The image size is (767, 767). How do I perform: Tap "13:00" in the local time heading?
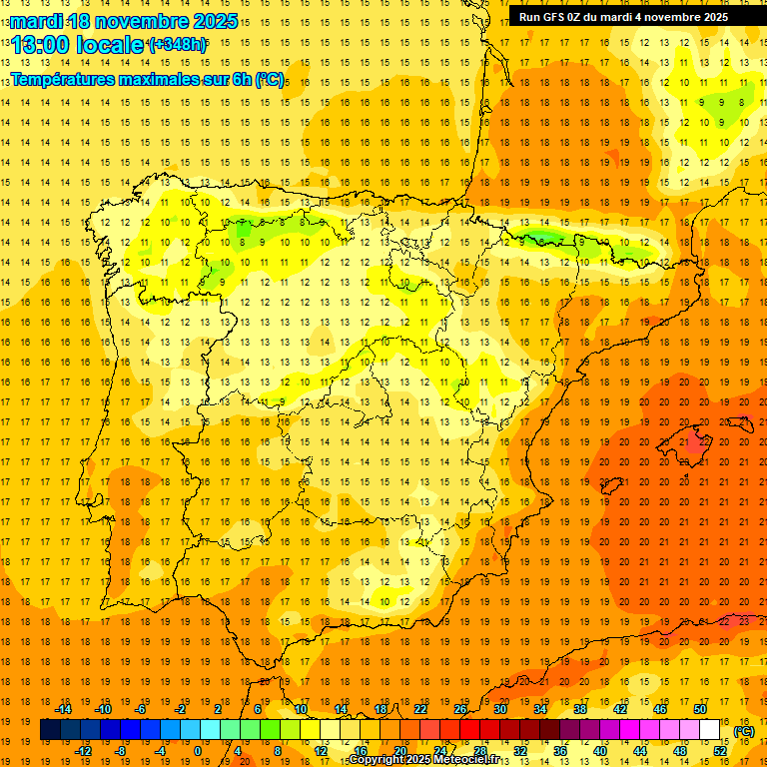click(42, 45)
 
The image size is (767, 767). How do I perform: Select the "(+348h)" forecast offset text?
click(176, 45)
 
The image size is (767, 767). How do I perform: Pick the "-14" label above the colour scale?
click(63, 709)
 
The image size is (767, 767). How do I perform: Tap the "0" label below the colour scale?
click(198, 751)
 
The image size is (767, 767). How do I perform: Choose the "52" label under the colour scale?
click(719, 751)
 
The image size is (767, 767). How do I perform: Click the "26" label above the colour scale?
click(460, 709)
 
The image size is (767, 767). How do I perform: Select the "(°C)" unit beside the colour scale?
click(744, 731)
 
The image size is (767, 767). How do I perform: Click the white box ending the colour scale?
click(709, 730)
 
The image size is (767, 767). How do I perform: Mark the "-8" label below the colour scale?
click(120, 751)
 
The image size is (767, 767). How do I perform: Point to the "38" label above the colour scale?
click(579, 709)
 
